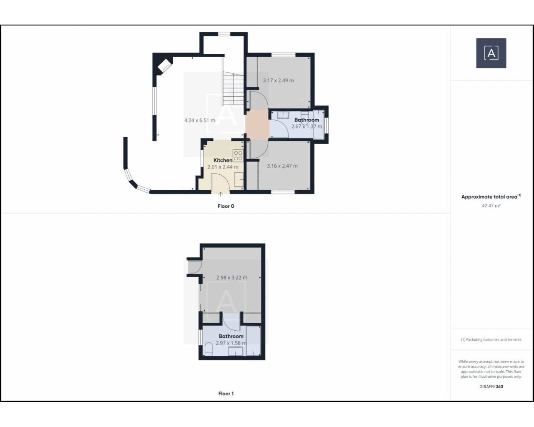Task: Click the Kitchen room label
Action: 223,160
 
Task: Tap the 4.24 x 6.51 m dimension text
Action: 199,121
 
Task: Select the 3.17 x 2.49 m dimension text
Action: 278,80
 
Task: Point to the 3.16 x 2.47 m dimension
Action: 282,166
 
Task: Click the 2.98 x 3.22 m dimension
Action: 232,278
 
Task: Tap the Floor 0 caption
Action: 226,206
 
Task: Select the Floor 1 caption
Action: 226,394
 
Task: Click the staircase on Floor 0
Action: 233,88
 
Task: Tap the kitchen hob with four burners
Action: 238,156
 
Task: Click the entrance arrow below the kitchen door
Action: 220,194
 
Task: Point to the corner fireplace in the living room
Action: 164,66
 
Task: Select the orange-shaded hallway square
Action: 257,123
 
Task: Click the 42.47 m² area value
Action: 491,206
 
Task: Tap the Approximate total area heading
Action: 491,197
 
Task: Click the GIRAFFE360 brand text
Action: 491,386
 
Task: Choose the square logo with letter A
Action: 491,53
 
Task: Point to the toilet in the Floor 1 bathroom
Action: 209,349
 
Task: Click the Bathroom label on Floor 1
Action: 231,336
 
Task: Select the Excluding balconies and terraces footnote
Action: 491,340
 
